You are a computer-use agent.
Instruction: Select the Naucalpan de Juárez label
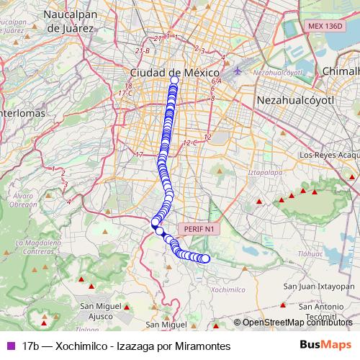point(69,22)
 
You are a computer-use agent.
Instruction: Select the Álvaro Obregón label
point(24,200)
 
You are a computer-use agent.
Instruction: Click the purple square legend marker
point(10,346)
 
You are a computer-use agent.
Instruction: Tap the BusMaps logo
point(325,346)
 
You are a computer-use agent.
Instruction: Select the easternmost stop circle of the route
point(205,258)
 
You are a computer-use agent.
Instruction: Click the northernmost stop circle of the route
point(174,79)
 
